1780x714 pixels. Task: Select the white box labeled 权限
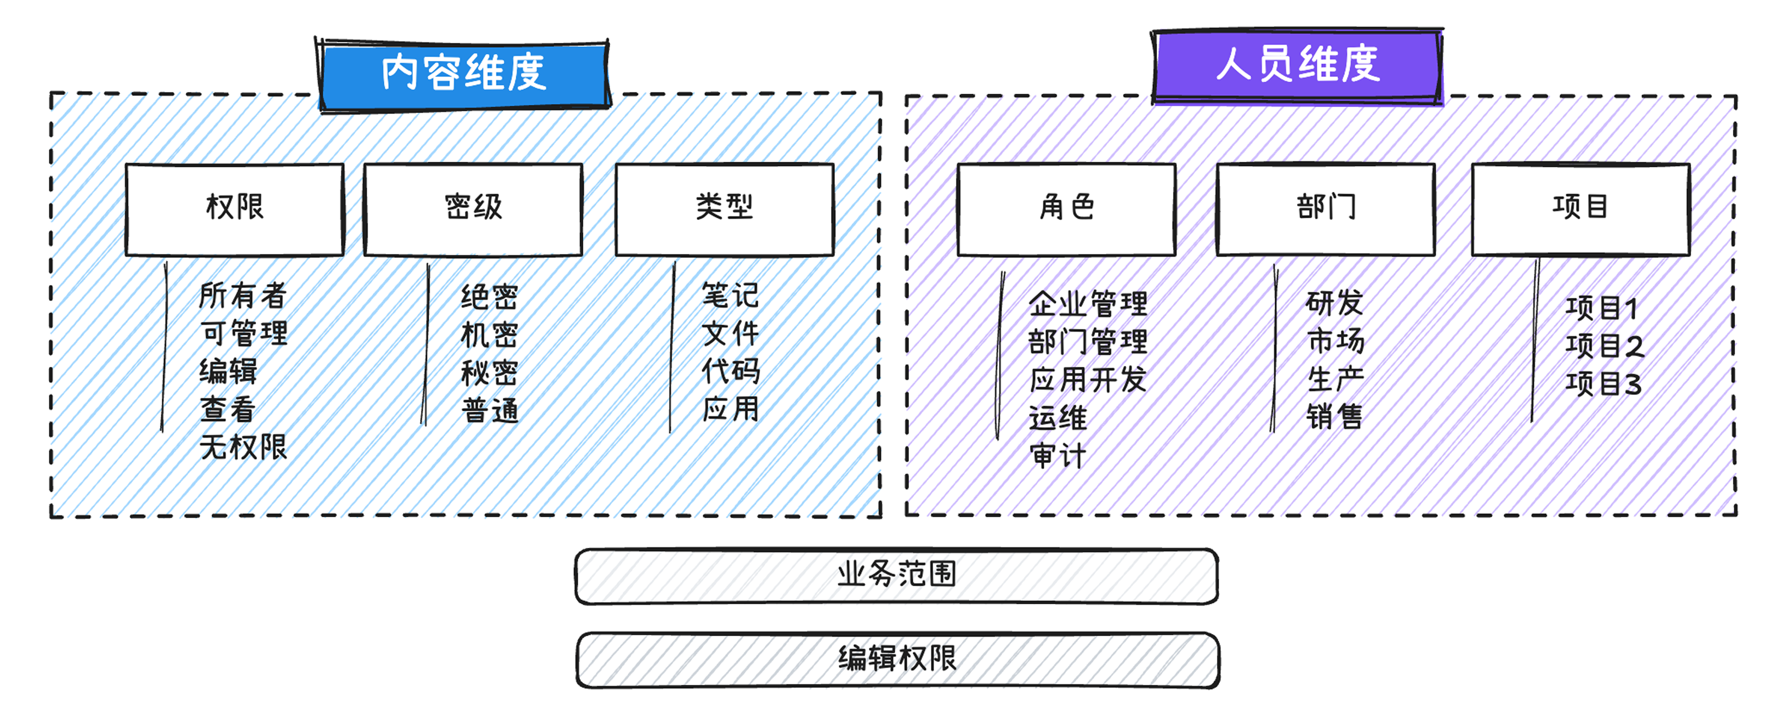pos(235,209)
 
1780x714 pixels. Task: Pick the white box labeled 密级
pos(473,209)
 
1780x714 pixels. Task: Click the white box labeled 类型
pos(724,209)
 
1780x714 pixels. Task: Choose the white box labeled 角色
pos(1066,209)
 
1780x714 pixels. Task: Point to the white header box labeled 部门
pos(1326,209)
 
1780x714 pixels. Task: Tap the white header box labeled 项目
pos(1580,209)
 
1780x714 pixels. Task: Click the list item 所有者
pos(242,296)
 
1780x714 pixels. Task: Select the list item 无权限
pos(242,447)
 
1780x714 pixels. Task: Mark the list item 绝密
pos(489,297)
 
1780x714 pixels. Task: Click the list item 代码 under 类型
pos(730,371)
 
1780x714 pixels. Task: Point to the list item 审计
pos(1057,456)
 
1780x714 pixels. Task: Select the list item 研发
pos(1334,303)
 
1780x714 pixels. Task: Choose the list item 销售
pos(1334,417)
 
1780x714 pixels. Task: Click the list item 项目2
pos(1605,345)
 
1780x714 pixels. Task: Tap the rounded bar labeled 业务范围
pos(896,576)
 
